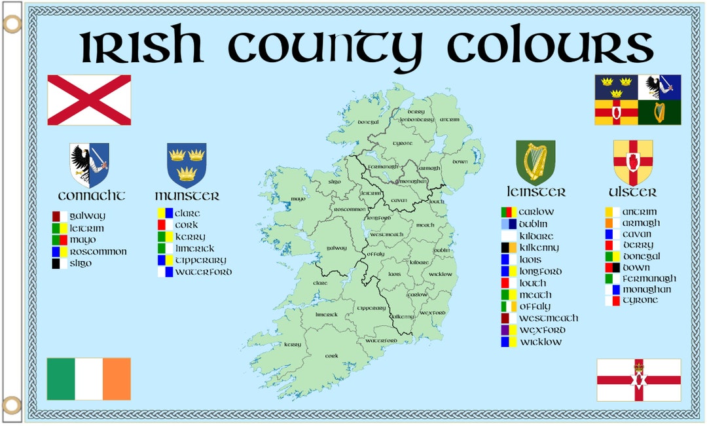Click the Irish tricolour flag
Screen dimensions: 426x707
[x=88, y=378]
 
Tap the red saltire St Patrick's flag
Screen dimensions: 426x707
[x=89, y=100]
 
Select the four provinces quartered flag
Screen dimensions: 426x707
[x=637, y=99]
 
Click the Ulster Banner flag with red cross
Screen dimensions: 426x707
[x=638, y=380]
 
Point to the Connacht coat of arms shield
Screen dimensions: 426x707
[x=90, y=165]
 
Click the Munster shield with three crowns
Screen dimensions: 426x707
[x=187, y=165]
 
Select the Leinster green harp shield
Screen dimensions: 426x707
[x=535, y=162]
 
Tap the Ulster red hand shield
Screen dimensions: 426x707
[x=632, y=162]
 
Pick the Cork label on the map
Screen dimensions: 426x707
[x=332, y=356]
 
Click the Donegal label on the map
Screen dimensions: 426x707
[x=369, y=122]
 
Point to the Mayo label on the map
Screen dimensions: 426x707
[x=298, y=199]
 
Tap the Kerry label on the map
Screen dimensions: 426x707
[x=292, y=344]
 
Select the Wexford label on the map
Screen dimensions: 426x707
[x=433, y=313]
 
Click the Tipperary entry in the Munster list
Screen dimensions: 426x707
[x=200, y=260]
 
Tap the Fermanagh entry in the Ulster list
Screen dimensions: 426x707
[x=649, y=278]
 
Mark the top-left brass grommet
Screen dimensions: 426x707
[x=12, y=25]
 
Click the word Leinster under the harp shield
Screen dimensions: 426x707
[x=535, y=192]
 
